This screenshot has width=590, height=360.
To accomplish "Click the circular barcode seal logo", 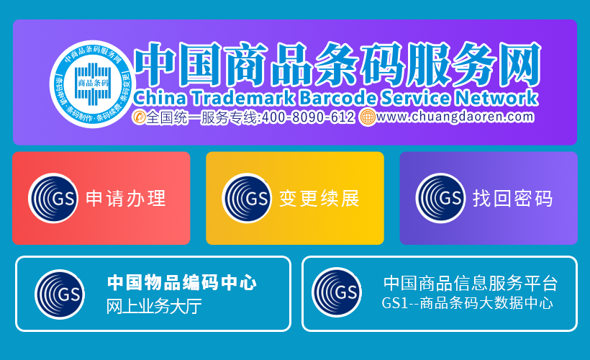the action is pos(92,84).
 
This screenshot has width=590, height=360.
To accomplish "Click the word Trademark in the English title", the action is pos(243,98).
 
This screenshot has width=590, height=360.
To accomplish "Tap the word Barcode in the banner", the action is pos(337,98).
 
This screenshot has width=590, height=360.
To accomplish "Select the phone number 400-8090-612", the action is pos(308,117).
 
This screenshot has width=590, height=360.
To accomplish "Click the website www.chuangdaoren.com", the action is pos(455,117).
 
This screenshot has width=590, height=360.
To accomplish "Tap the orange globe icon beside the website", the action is pos(367,117).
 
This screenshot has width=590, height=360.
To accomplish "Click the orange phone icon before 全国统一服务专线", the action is pos(139,117).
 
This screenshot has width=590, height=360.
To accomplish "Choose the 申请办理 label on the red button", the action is pos(126,199).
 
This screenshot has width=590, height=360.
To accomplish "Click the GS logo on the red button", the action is pos(53,198).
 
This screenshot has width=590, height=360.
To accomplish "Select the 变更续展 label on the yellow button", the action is pos(319,199).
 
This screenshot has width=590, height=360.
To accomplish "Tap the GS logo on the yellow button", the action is pos(247,198).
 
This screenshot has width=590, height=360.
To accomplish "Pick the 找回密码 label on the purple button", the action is pos(512,199).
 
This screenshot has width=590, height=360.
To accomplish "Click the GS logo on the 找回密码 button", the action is pos(440,198).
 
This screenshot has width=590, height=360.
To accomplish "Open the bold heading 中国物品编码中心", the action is pos(182,282).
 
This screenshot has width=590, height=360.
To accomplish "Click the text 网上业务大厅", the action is pos(154,306).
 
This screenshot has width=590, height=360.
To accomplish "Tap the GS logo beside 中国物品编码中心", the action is pos(60,294).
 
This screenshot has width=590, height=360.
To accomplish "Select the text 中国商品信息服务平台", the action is pos(471,283).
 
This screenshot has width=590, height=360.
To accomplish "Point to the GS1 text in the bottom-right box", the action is pos(395,303).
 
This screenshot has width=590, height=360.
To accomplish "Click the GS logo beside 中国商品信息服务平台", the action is pos(337,292).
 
